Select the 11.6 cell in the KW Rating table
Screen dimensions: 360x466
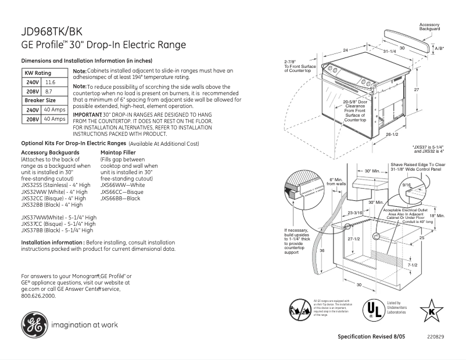coord(51,82)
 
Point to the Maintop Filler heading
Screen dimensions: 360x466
coord(118,153)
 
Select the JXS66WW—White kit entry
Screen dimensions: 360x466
coord(123,185)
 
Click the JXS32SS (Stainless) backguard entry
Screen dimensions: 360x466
coord(56,185)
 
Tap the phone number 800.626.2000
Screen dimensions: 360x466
coord(38,296)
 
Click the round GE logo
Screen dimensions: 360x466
coord(35,324)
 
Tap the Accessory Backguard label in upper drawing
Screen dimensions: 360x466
coord(430,26)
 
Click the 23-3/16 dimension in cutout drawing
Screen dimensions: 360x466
coord(356,213)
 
